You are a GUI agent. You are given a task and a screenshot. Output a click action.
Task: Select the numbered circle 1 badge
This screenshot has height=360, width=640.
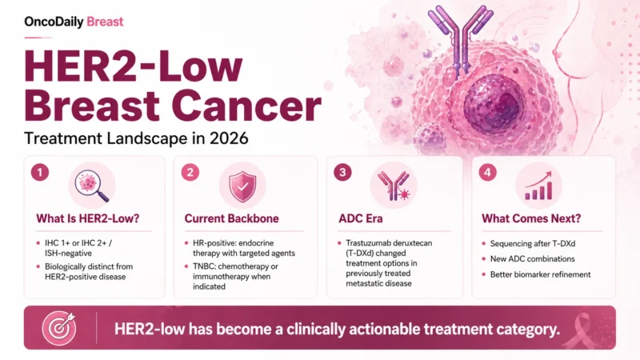37,172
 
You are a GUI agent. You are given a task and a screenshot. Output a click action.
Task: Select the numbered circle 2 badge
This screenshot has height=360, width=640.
190,172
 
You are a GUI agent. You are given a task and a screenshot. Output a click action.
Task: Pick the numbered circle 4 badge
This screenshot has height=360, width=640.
487,172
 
